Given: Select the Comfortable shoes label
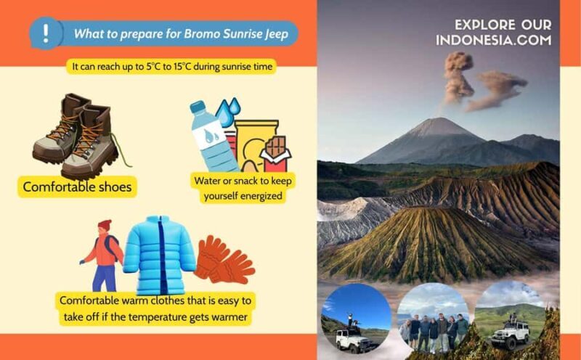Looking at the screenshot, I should point(77,187).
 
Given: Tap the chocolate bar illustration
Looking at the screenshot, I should point(275,153).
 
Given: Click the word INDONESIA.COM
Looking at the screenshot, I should point(493,41).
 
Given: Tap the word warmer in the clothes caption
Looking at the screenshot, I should point(227,316).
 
